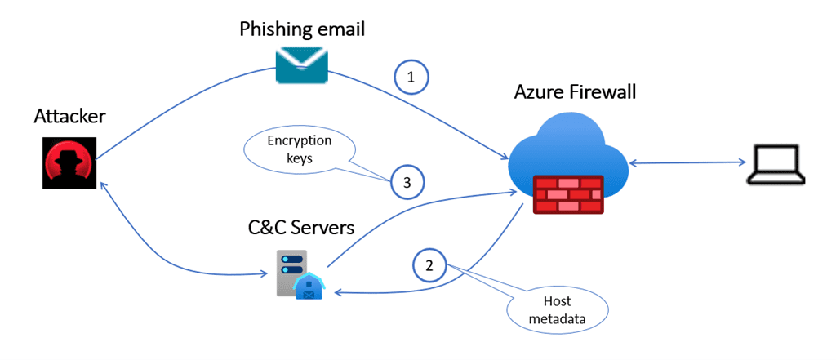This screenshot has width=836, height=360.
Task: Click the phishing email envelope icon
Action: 301,64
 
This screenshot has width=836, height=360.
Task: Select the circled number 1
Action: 411,78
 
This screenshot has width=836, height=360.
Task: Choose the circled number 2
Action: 430,265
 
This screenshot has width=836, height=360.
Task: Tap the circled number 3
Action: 407,182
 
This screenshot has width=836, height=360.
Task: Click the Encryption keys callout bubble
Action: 300,149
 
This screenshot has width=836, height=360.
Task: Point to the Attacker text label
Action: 69,117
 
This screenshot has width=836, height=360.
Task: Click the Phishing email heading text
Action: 302,29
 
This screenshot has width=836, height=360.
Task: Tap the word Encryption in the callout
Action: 300,140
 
